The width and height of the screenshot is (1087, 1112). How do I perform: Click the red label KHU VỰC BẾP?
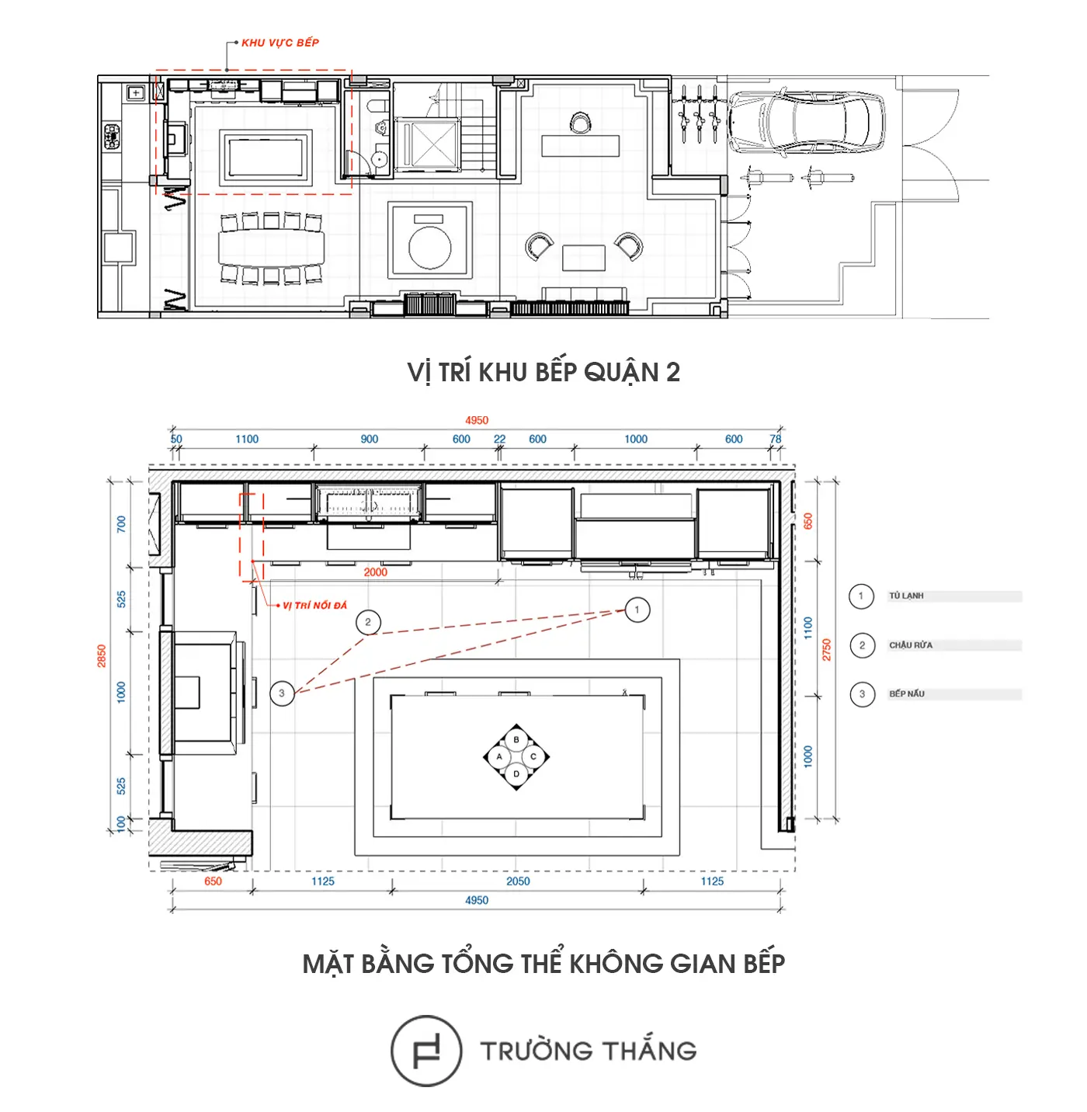click(280, 43)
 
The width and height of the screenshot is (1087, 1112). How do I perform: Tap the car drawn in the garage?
click(806, 122)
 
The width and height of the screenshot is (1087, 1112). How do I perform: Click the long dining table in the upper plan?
click(271, 248)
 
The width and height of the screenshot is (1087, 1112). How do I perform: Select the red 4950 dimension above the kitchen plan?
click(477, 421)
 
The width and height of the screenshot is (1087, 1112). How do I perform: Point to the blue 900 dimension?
click(369, 439)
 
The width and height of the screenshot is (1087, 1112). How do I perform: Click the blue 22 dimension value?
click(499, 439)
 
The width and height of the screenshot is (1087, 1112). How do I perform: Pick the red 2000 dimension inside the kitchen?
click(375, 572)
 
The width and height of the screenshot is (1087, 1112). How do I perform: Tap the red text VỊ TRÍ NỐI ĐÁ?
click(314, 605)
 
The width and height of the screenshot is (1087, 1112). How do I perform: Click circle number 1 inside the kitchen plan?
click(637, 610)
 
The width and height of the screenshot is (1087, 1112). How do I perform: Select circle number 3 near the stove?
click(282, 693)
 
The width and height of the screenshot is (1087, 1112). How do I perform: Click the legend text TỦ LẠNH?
click(906, 596)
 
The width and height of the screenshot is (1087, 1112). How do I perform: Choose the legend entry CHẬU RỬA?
click(911, 645)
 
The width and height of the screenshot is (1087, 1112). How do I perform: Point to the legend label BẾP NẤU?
click(907, 693)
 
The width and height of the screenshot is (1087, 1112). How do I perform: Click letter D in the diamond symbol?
click(516, 774)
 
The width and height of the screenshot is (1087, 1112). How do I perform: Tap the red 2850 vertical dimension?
click(102, 656)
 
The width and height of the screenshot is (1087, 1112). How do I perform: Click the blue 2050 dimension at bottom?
click(518, 881)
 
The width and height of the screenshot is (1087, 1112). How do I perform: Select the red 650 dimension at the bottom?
click(213, 881)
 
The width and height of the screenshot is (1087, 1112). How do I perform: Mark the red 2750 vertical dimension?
click(827, 650)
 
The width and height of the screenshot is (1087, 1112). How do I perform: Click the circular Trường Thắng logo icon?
click(426, 1051)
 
